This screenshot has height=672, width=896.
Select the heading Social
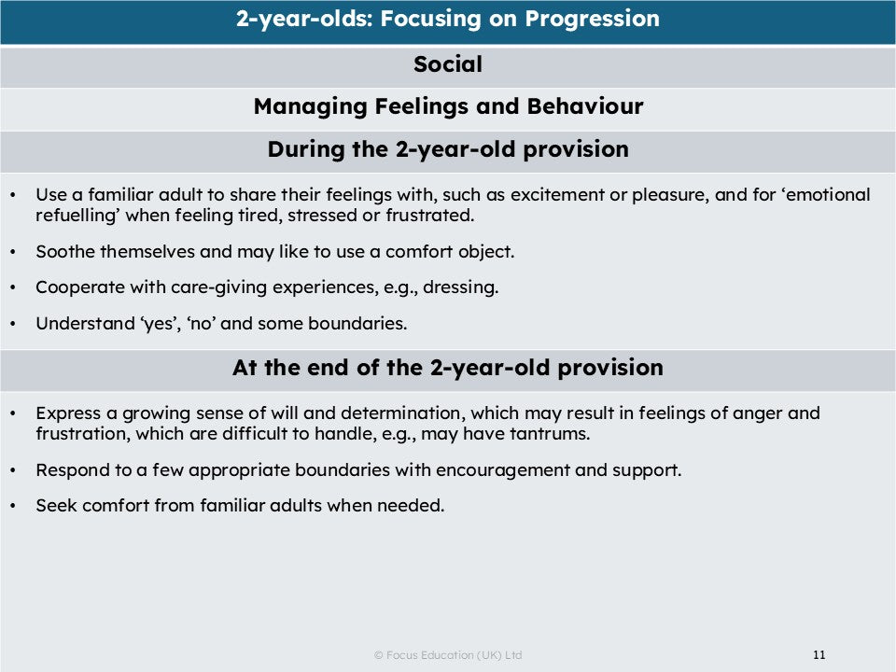click(x=448, y=64)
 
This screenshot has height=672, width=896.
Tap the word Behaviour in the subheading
click(x=584, y=106)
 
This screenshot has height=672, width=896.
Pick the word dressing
click(x=460, y=287)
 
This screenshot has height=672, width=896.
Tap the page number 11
click(x=819, y=654)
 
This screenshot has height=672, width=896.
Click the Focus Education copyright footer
click(x=448, y=655)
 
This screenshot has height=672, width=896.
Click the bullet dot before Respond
click(x=13, y=470)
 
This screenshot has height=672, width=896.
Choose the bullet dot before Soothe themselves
click(x=13, y=252)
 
